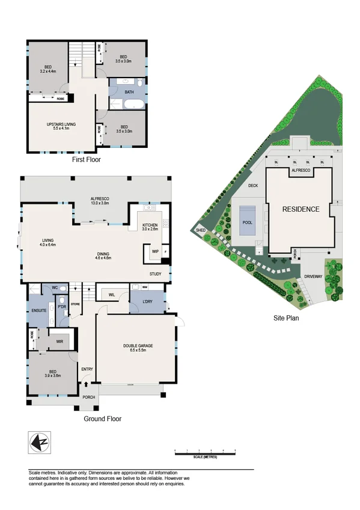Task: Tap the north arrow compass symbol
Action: point(37,443)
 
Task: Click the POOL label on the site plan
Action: point(246,222)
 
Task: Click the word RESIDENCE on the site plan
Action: point(301,209)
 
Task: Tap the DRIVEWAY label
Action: point(314,276)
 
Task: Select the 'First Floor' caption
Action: point(86,160)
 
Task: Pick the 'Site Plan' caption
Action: point(285,318)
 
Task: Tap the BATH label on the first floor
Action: point(129,92)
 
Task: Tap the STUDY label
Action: point(156,274)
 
